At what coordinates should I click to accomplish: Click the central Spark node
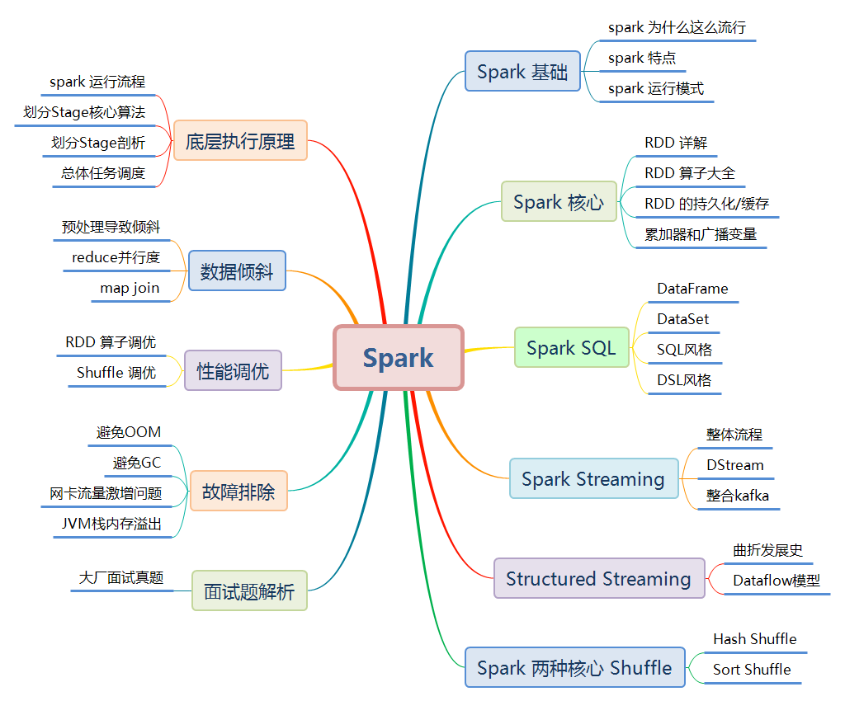(x=399, y=358)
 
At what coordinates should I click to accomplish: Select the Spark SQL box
(x=571, y=348)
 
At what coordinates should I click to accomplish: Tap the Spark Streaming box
(x=593, y=479)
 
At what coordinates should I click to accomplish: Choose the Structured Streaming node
(x=599, y=579)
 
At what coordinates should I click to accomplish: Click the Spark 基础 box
(x=522, y=72)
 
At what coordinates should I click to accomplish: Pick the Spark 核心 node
(x=559, y=202)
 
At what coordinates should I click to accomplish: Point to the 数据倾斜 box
(x=237, y=271)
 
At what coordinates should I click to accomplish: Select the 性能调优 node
(x=233, y=371)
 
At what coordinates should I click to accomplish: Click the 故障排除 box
(x=238, y=492)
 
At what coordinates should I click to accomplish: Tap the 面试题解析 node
(x=249, y=591)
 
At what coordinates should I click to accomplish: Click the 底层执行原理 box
(x=240, y=141)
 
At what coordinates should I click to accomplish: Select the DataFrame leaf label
(x=692, y=289)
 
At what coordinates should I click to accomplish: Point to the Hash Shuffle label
(x=754, y=639)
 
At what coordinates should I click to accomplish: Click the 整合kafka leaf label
(x=737, y=496)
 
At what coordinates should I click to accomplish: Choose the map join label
(x=130, y=288)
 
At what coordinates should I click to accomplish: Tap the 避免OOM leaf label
(x=129, y=432)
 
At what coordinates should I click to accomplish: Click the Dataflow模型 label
(x=776, y=581)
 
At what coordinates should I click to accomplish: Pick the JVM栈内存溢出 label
(x=111, y=524)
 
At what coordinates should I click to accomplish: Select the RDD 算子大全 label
(x=689, y=173)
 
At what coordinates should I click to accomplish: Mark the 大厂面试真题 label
(x=121, y=577)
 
